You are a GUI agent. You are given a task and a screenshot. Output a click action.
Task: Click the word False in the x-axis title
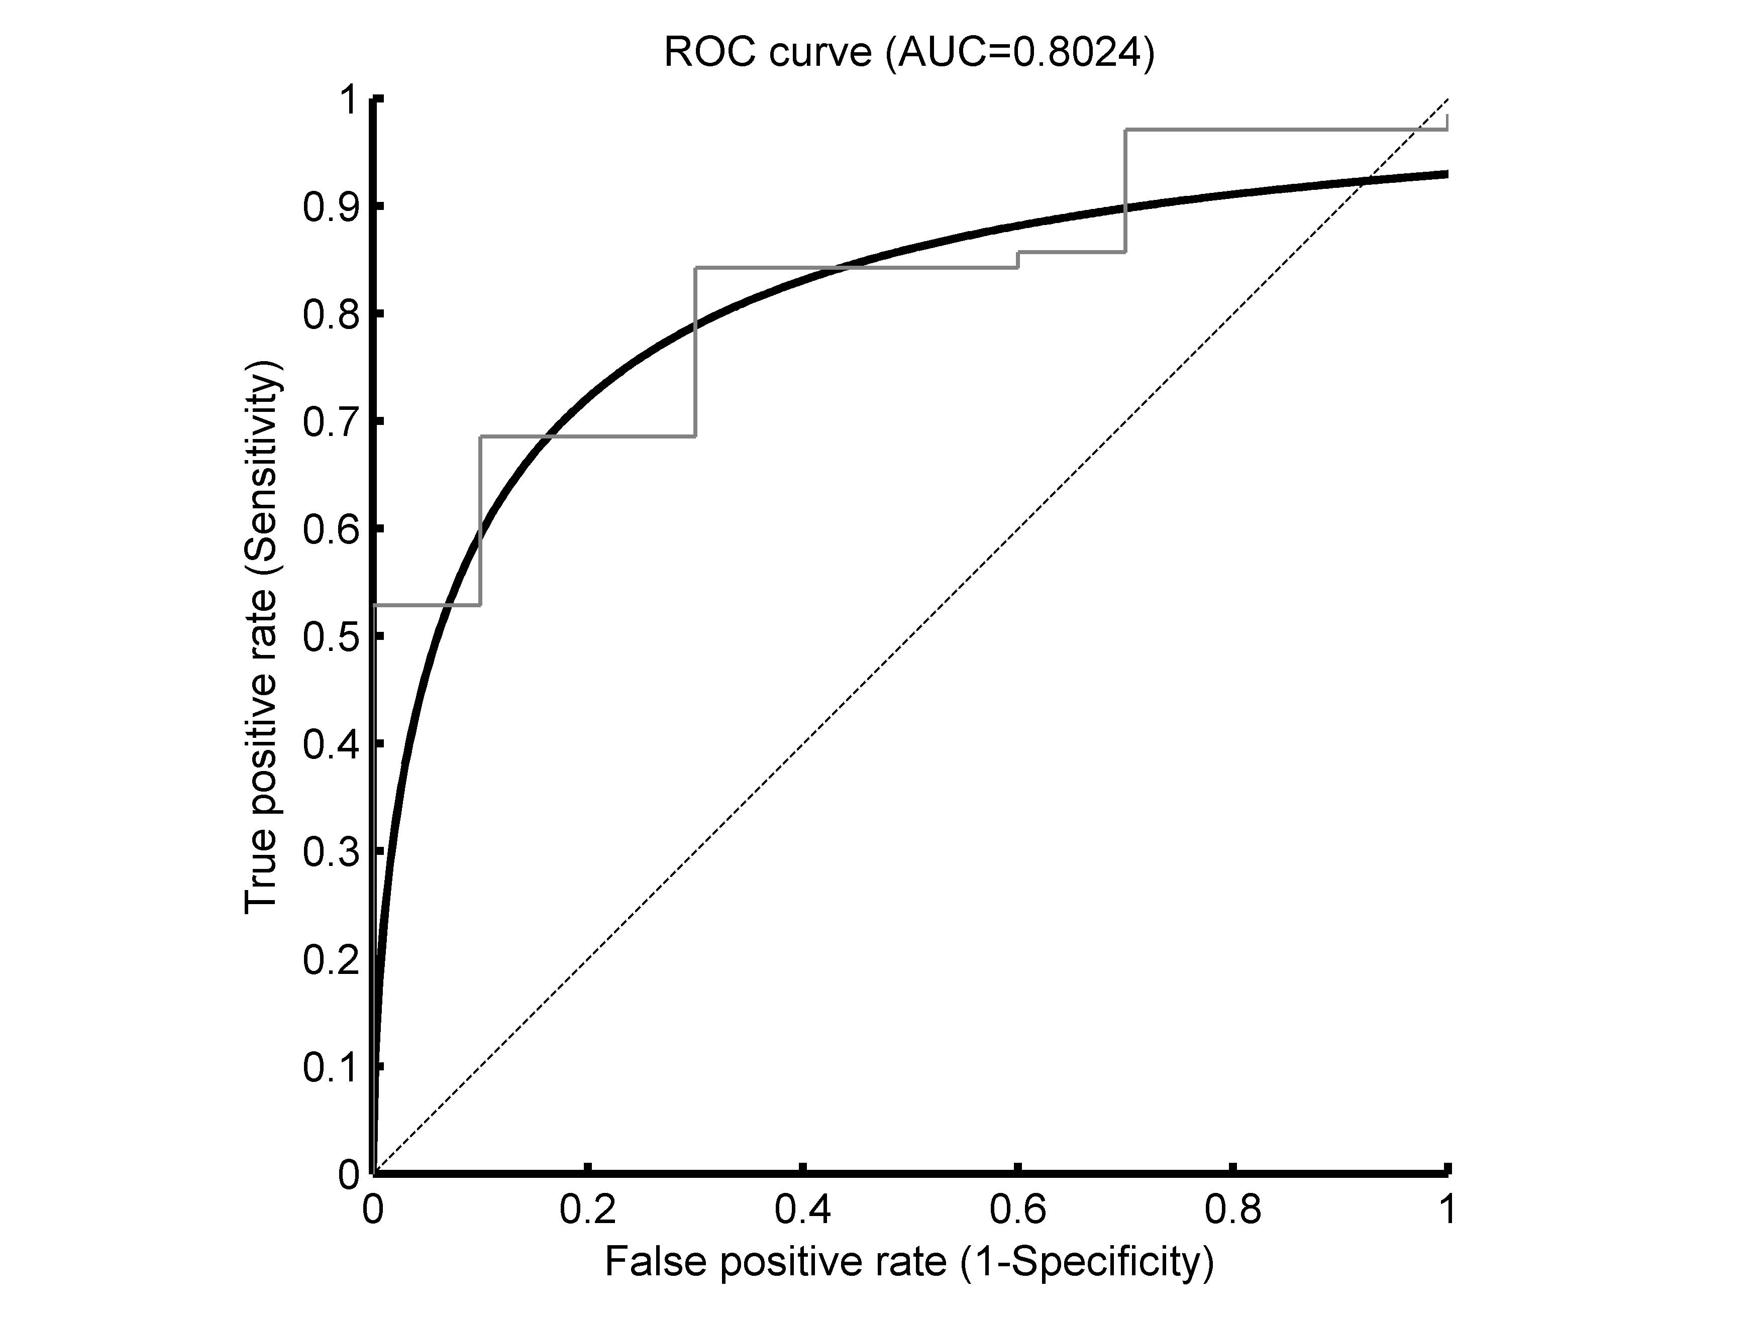pos(655,1262)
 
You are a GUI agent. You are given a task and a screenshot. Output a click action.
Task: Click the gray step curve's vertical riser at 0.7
pos(1124,191)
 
